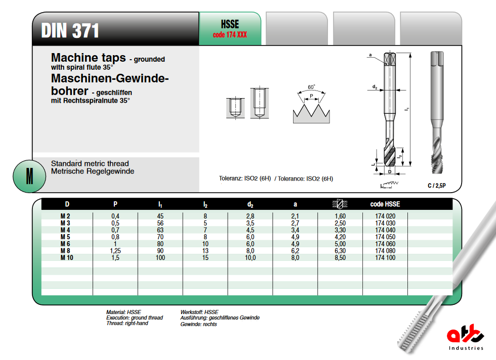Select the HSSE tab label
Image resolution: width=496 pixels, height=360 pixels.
[230, 25]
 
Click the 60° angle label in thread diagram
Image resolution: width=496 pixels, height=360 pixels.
[311, 87]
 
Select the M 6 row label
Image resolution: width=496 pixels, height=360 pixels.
[65, 244]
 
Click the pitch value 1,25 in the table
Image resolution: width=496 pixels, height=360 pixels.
[115, 251]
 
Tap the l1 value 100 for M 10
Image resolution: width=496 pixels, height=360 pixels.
[160, 258]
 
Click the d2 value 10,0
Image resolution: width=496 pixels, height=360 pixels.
[250, 258]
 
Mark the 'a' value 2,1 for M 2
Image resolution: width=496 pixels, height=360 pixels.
[295, 216]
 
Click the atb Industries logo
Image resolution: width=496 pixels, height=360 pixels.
[465, 338]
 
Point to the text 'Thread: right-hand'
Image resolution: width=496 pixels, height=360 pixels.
[127, 323]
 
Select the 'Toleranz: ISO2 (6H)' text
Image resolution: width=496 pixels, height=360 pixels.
[244, 178]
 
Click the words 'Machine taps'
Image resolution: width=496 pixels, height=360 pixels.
[89, 58]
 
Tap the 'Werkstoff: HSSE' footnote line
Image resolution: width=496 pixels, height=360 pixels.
[199, 312]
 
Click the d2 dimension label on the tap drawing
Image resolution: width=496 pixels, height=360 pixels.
[375, 87]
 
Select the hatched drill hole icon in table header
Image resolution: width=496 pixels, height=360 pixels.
[340, 204]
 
